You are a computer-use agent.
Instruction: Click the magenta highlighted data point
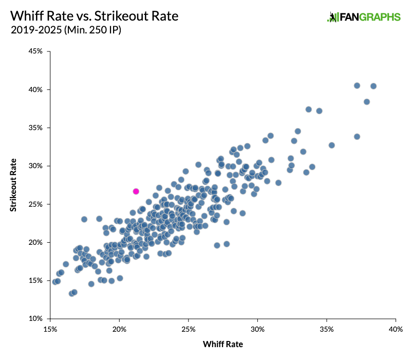[x=136, y=191]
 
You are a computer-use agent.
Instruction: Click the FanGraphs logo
[x=364, y=17]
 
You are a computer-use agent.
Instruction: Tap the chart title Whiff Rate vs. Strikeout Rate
[x=94, y=16]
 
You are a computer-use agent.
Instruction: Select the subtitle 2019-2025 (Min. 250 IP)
[x=66, y=31]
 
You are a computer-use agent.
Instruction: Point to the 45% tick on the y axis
[x=35, y=51]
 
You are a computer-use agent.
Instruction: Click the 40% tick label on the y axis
[x=35, y=89]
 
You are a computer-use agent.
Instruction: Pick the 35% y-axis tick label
[x=35, y=128]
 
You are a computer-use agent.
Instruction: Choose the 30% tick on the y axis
[x=35, y=166]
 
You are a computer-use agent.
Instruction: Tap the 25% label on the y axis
[x=35, y=204]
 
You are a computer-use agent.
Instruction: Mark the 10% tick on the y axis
[x=35, y=319]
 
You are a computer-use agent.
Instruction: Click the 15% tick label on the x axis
[x=50, y=329]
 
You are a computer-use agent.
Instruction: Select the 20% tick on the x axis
[x=119, y=329]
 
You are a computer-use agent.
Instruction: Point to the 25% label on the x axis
[x=189, y=329]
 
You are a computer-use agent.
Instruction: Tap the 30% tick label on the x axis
[x=257, y=329]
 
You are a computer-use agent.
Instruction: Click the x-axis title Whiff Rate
[x=223, y=344]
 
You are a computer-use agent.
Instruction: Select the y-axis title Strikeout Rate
[x=13, y=185]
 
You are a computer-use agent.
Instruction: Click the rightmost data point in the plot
[x=373, y=86]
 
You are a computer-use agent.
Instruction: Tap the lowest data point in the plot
[x=71, y=294]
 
